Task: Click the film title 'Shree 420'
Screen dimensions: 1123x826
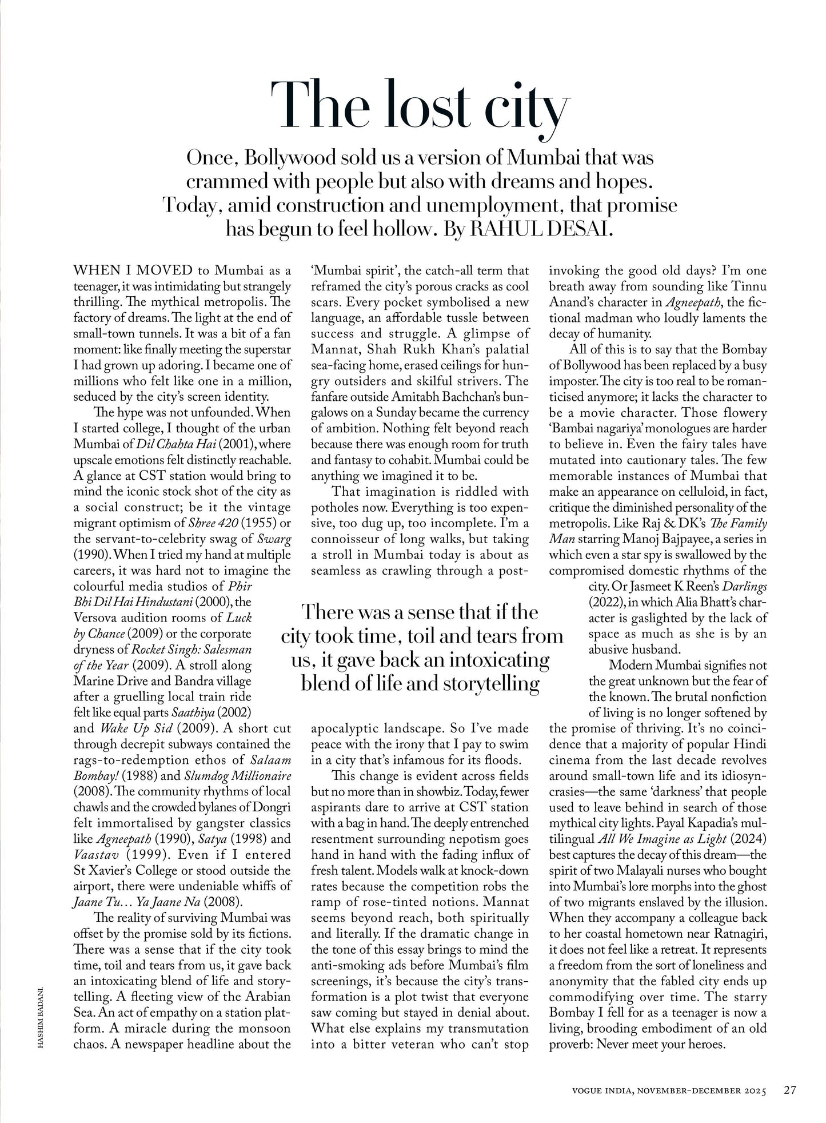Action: [213, 523]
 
